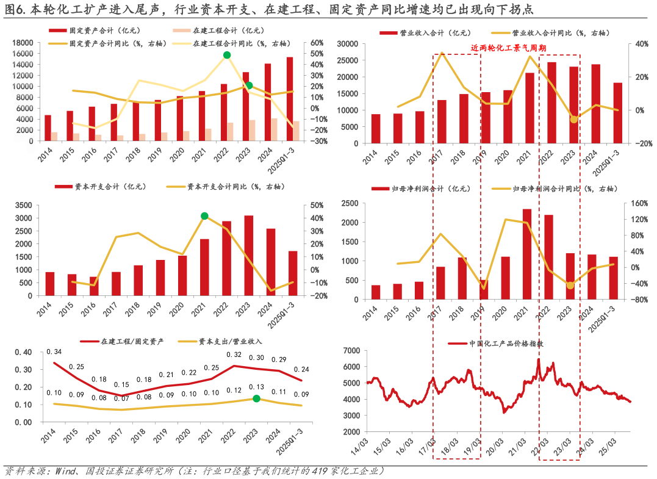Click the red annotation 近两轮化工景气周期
click(508, 48)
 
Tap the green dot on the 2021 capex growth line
click(205, 216)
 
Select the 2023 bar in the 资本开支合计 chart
click(249, 255)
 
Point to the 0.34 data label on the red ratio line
click(54, 352)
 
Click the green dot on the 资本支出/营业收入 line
click(257, 398)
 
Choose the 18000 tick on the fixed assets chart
click(23, 43)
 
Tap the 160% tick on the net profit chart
click(634, 204)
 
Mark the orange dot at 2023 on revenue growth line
click(573, 119)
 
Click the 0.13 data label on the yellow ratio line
click(257, 387)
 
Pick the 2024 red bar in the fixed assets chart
click(268, 102)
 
